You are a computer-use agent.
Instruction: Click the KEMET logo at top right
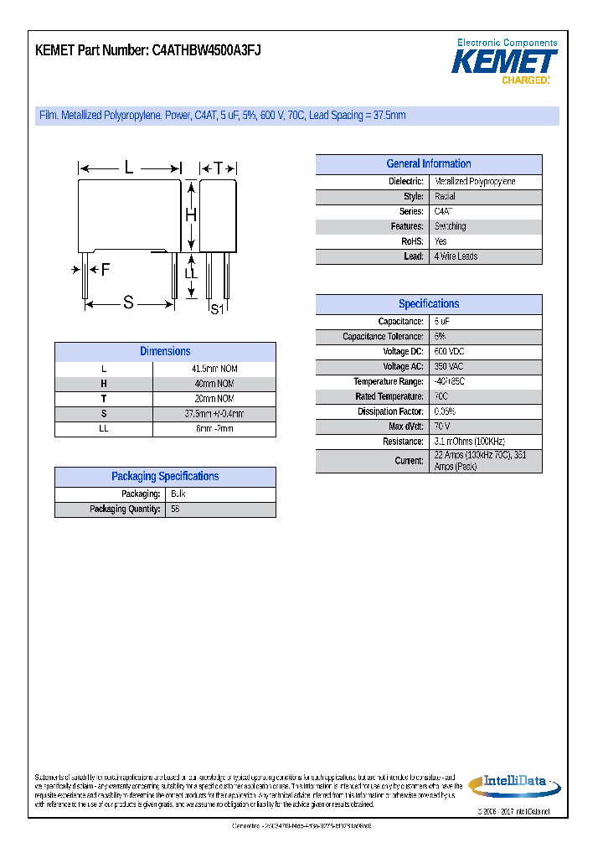(504, 62)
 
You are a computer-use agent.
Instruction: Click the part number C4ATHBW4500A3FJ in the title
(206, 50)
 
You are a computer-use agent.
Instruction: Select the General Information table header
(428, 164)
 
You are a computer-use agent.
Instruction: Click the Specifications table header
(428, 304)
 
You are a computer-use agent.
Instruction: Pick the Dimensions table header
(165, 352)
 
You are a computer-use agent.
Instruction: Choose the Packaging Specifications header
(165, 477)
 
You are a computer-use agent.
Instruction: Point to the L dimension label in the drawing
(129, 168)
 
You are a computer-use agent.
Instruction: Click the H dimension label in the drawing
(191, 215)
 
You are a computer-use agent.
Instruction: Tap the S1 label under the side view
(217, 309)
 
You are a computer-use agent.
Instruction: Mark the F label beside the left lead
(105, 270)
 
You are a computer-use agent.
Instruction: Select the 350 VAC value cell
(451, 367)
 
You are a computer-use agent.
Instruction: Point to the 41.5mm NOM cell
(214, 370)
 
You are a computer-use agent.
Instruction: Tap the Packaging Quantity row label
(125, 509)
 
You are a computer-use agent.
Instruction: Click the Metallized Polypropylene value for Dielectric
(475, 182)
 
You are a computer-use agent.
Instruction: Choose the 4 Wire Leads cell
(456, 256)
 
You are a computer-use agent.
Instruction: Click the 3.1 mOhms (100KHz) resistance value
(469, 442)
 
